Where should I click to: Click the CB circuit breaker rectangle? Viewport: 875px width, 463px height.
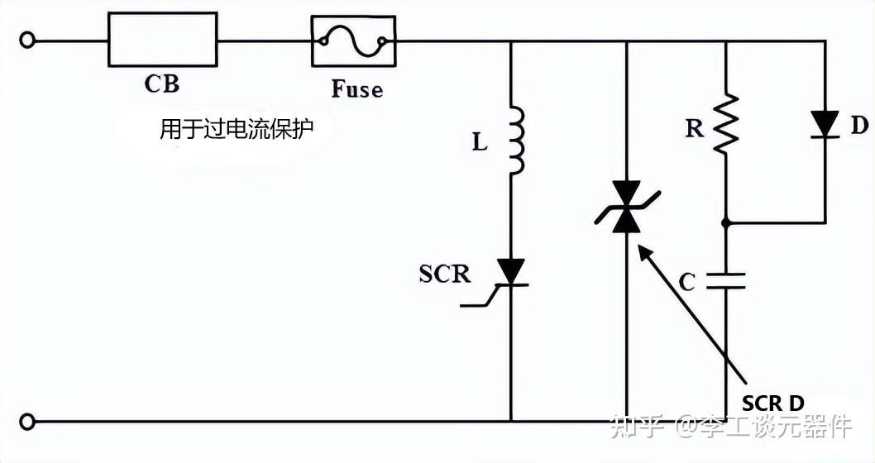point(163,40)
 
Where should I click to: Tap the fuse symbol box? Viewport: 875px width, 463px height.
point(353,41)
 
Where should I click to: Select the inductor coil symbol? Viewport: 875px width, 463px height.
point(515,140)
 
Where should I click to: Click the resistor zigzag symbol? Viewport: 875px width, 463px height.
point(725,123)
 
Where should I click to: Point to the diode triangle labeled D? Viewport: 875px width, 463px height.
point(825,123)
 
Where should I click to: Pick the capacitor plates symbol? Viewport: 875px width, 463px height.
point(726,282)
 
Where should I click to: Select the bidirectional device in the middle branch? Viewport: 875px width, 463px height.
point(626,208)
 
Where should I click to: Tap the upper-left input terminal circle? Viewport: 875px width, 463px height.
point(28,40)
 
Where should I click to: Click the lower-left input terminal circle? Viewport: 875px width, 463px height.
point(28,422)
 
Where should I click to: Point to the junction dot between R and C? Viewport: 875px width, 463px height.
point(726,222)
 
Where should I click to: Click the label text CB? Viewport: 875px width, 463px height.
point(161,84)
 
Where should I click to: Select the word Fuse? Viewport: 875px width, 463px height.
point(357,88)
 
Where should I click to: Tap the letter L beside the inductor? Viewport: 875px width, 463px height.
point(480,142)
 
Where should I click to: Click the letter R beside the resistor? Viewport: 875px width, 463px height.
point(696,127)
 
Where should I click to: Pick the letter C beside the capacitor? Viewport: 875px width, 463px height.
point(687,283)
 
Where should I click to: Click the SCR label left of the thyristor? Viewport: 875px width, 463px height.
point(444,274)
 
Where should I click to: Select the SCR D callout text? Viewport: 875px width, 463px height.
point(772,403)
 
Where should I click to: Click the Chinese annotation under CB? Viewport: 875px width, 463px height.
point(237,130)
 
